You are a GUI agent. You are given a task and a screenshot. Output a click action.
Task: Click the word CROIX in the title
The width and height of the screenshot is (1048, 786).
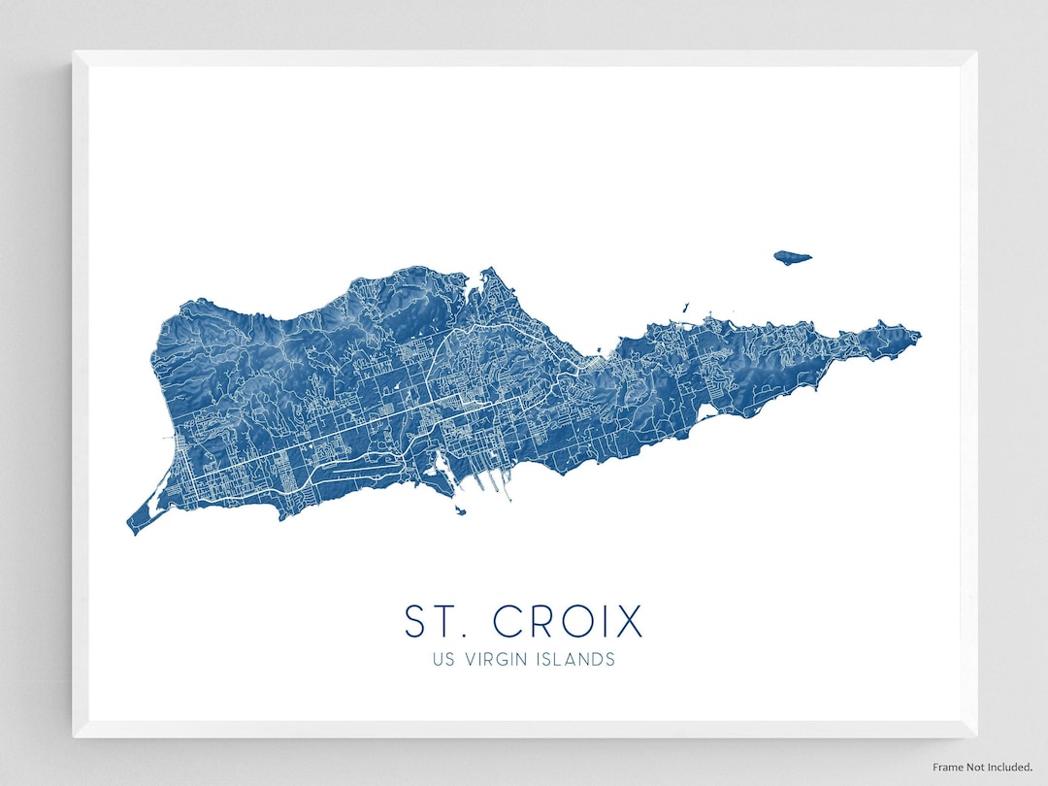tap(568, 621)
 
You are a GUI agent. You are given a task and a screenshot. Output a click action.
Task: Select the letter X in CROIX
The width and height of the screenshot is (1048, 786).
tap(629, 621)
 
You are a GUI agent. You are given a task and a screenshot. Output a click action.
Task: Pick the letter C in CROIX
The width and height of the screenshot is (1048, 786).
tap(508, 621)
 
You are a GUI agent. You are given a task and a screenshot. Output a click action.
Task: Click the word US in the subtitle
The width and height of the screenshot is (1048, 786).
tap(442, 660)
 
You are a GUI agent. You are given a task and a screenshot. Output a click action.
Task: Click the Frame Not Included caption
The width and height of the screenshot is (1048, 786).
tap(983, 767)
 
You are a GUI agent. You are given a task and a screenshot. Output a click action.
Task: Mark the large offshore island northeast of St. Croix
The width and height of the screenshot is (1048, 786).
tap(792, 257)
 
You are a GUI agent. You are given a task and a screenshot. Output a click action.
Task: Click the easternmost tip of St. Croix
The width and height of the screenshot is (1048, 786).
tap(919, 337)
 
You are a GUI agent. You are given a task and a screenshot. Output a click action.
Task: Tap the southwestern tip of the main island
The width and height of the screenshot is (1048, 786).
tap(130, 529)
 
